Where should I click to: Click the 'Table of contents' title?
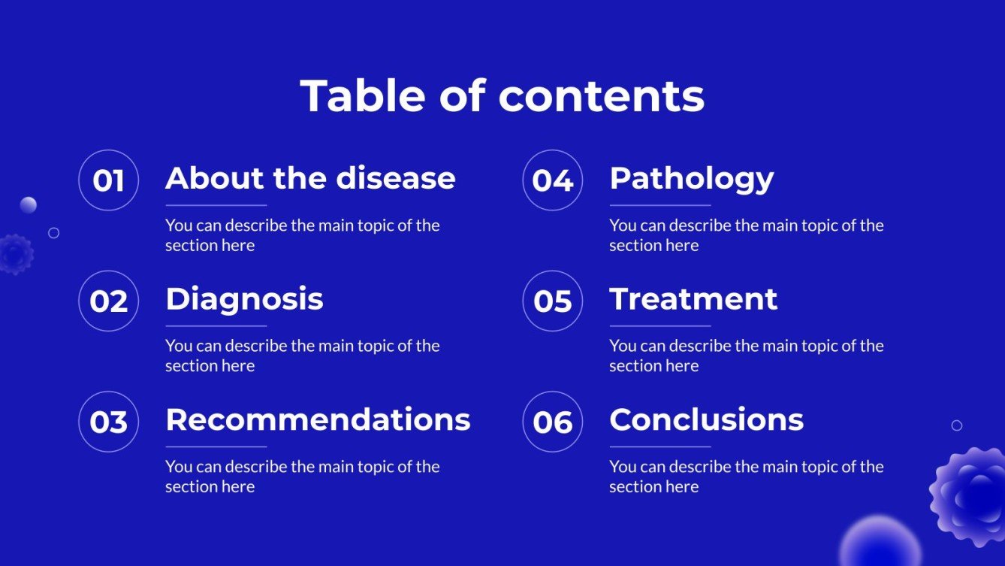[502, 96]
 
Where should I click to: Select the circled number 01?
[108, 180]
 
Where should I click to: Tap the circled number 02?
[108, 301]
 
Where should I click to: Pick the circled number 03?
[108, 422]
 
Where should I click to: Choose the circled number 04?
[553, 180]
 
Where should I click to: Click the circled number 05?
[553, 301]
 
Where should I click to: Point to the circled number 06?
[553, 422]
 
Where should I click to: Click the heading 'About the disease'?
[310, 178]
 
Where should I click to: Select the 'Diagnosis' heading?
[244, 299]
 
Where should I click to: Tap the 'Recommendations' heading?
[318, 419]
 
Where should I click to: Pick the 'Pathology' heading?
[691, 179]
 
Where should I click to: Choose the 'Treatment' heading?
[693, 299]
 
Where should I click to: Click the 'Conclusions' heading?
[706, 419]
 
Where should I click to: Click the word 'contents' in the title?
[601, 96]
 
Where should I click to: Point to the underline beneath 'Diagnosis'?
[216, 325]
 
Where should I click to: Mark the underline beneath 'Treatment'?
[660, 325]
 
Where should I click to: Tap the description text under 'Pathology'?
[746, 235]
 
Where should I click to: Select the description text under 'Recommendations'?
[302, 477]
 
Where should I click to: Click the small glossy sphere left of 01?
[29, 204]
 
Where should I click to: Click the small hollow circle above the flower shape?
[957, 425]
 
